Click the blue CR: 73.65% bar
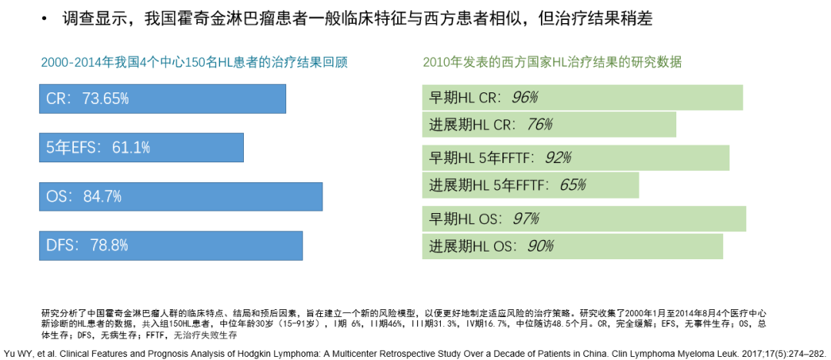[163, 98]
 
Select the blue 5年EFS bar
[142, 147]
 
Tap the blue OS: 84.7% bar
[182, 196]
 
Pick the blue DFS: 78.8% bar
[172, 245]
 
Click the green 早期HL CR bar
[582, 98]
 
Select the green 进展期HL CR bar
[549, 125]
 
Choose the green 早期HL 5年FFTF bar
[576, 158]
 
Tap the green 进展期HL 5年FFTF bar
[531, 185]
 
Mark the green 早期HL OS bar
[584, 218]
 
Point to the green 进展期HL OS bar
[572, 246]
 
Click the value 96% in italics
[524, 98]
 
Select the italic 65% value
[572, 185]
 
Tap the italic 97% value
[526, 218]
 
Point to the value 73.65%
[105, 98]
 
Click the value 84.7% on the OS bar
[102, 196]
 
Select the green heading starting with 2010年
[552, 62]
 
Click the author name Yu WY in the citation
[16, 346]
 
